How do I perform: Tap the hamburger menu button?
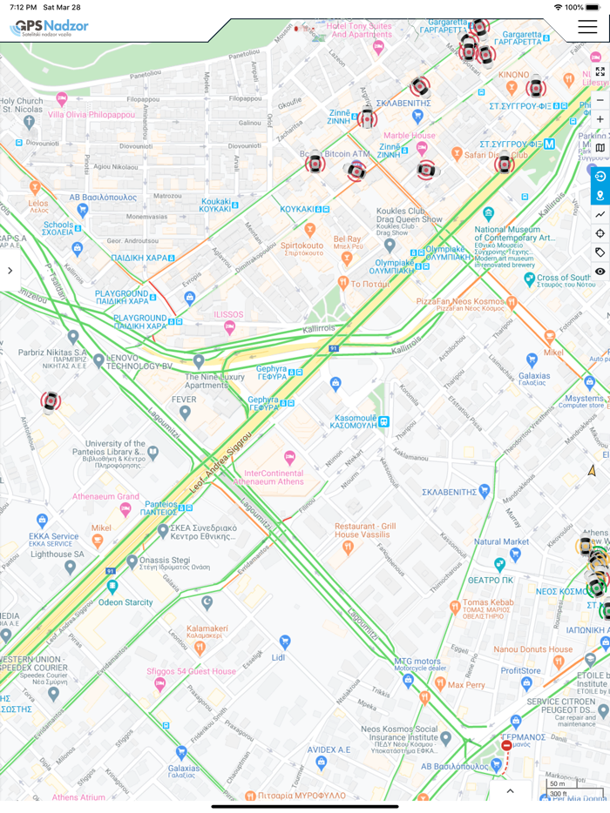click(586, 27)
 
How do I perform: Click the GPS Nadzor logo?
click(50, 28)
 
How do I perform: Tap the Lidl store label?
click(279, 656)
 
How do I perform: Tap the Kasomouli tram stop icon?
click(383, 422)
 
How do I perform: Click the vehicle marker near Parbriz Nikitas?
click(51, 402)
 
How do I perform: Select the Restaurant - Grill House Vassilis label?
click(365, 531)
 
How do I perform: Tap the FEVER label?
click(184, 400)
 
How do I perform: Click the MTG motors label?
click(417, 662)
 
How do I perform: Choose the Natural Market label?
click(501, 541)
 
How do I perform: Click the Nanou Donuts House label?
click(532, 649)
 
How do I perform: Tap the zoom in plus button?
click(600, 119)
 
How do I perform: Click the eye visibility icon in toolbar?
click(600, 272)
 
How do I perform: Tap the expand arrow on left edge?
click(10, 271)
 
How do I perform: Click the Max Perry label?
click(466, 685)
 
